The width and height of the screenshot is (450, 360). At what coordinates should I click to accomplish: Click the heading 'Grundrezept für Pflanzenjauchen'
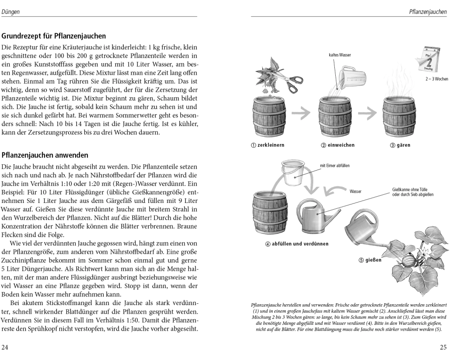coord(54,36)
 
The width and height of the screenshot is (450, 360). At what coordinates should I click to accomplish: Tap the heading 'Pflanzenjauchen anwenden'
coord(45,155)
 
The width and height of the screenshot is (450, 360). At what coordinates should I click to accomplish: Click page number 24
coord(5,347)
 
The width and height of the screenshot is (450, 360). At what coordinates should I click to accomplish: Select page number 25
coord(443,347)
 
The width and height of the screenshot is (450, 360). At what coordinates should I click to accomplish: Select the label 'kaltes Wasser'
coord(340,55)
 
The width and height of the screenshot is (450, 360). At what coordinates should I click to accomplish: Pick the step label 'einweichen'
coord(337,145)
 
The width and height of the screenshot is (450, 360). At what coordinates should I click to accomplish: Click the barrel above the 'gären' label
coord(398,117)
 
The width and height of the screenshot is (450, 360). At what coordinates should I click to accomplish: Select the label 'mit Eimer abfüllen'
coord(334,166)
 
